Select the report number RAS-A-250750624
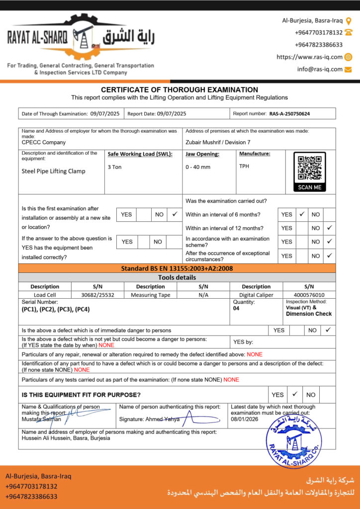coord(289,114)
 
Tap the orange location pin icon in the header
coord(348,20)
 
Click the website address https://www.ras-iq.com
coord(309,57)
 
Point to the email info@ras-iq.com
coord(320,69)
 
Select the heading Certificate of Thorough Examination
coord(180,90)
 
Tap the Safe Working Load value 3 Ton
coord(115,167)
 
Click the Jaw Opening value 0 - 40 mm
coord(198,167)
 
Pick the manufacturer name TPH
coord(244,167)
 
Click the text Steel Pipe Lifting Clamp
coord(54,171)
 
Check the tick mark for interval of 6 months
coord(302,214)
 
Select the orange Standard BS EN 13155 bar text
coord(177,268)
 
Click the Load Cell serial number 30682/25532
coord(97,295)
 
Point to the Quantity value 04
coord(236,308)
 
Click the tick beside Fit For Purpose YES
coord(294,394)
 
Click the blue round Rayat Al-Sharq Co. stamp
coord(294,441)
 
